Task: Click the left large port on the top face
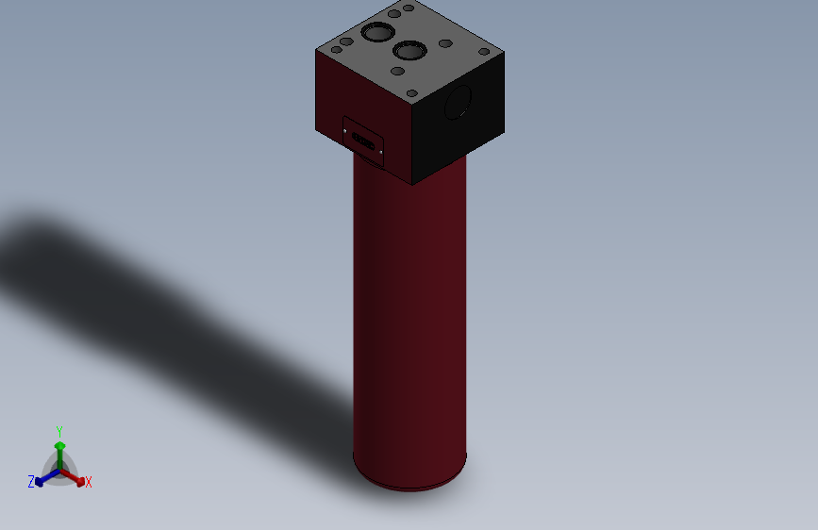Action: click(376, 33)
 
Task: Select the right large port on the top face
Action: click(409, 50)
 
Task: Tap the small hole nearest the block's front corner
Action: click(413, 92)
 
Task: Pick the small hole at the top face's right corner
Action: click(484, 52)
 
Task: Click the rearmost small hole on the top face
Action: click(409, 8)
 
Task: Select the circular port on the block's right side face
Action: click(458, 102)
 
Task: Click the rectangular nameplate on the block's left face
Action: click(363, 141)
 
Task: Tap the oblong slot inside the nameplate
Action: click(362, 141)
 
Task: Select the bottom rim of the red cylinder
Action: click(409, 485)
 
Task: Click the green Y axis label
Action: click(59, 430)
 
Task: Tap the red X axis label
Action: click(89, 483)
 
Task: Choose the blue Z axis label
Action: click(31, 482)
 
